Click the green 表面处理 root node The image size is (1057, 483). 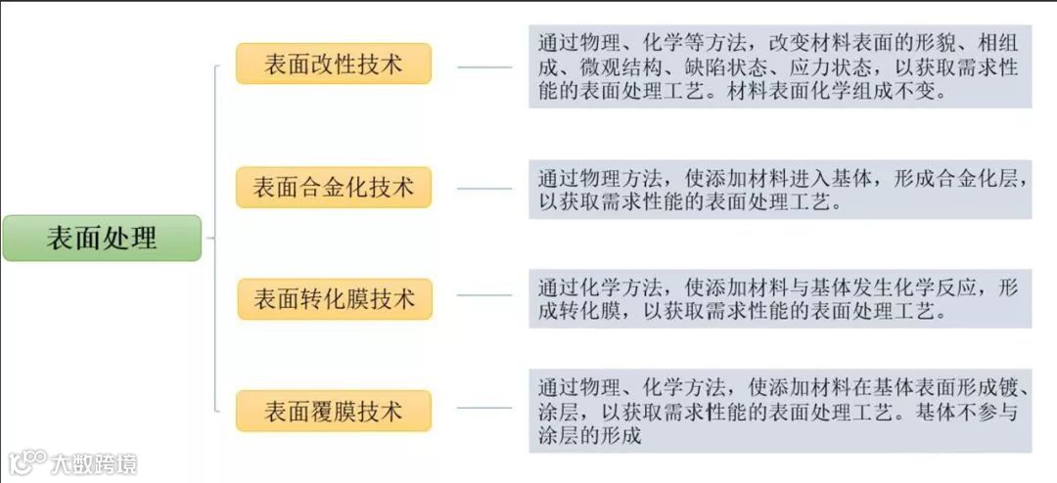102,238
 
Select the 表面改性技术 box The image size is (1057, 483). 333,64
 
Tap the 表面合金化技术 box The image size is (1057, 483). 333,187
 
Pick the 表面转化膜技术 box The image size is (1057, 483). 334,298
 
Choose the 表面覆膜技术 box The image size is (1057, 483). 333,411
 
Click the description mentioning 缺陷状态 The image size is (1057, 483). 779,67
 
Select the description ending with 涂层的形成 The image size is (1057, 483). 779,411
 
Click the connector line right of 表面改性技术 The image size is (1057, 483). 484,67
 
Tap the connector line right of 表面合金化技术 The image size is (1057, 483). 484,188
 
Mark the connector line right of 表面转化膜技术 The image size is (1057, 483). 484,294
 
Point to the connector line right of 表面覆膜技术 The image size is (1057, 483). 484,408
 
